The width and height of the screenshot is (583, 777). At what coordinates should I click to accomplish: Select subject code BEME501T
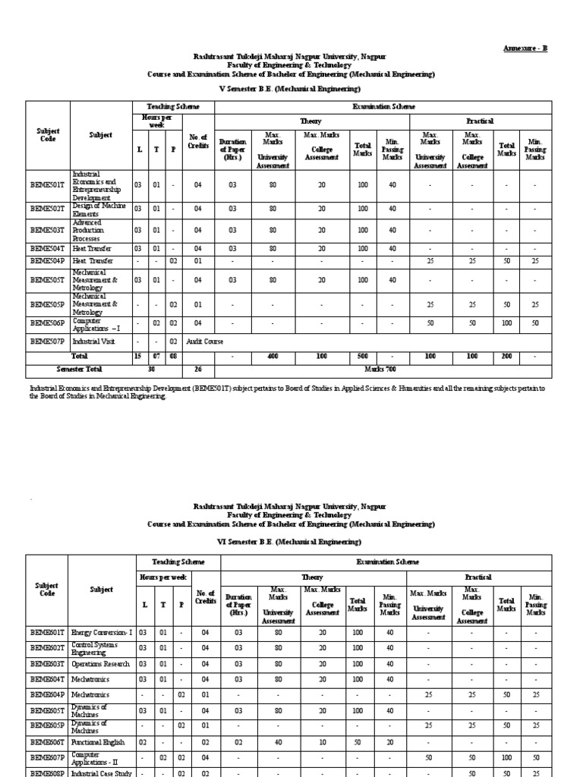(x=48, y=184)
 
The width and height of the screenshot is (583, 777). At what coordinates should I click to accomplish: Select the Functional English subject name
(x=98, y=742)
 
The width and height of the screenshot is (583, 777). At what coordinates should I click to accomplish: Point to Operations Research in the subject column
(x=101, y=662)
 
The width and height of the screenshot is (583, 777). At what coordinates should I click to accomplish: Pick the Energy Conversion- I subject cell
(x=102, y=631)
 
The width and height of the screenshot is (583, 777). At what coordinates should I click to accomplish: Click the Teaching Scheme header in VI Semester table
(x=178, y=562)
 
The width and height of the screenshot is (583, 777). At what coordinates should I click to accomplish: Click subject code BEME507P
(x=48, y=341)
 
